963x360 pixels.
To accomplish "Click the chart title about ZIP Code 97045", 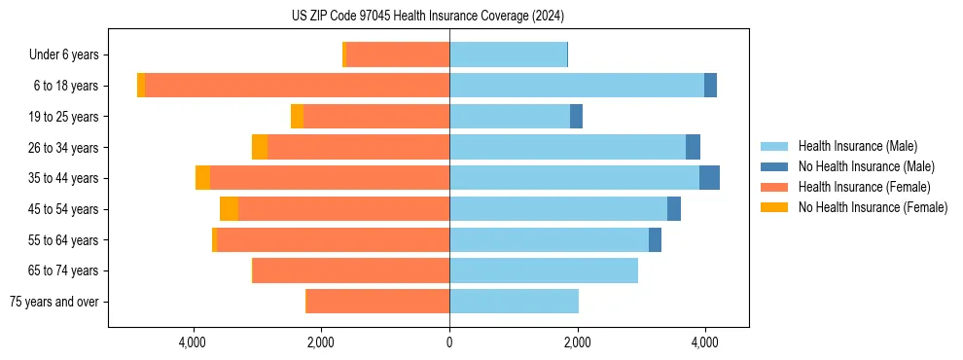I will (428, 17).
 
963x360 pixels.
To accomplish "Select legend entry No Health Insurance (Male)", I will (866, 166).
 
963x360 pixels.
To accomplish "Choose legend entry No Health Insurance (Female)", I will (873, 207).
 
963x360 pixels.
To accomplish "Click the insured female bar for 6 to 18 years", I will (297, 86).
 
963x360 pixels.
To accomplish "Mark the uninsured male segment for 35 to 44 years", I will (709, 178).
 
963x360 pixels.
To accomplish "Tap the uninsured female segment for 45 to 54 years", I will (229, 209).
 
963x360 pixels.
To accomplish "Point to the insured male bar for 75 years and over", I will (514, 302).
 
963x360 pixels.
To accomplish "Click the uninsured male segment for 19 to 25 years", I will (576, 117).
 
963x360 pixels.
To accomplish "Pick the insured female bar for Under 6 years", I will (398, 55).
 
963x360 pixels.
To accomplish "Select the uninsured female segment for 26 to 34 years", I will (260, 147).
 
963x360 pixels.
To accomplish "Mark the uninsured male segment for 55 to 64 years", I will (655, 239).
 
